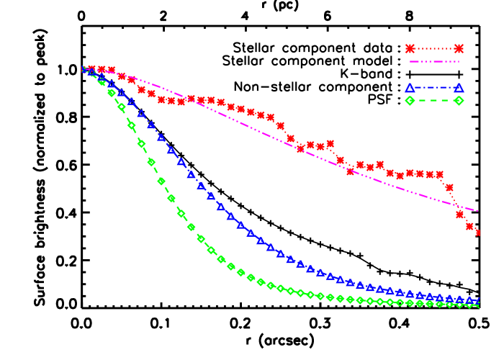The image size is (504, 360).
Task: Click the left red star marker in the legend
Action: click(410, 49)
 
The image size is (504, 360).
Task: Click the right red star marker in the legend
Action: click(459, 49)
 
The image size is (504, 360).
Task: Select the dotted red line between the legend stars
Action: click(434, 49)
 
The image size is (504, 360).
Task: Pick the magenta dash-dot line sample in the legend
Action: click(434, 62)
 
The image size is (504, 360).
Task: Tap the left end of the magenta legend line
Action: click(410, 62)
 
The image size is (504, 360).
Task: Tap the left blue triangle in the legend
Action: click(410, 88)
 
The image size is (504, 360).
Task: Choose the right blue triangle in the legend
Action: click(459, 88)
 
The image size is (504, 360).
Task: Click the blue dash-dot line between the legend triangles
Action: click(434, 88)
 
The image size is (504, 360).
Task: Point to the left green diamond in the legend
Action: click(410, 101)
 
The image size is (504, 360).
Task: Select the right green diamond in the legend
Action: click(459, 101)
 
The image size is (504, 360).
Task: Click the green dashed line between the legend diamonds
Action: click(434, 101)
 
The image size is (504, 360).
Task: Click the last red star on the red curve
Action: click(478, 233)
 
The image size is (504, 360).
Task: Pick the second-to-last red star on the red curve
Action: click(469, 226)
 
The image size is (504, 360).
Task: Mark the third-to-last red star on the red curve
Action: click(459, 214)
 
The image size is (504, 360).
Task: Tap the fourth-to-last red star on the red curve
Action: click(449, 187)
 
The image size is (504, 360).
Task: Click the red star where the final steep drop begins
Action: click(439, 174)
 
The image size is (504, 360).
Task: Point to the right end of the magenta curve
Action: click(478, 211)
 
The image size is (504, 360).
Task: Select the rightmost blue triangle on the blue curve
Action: click(478, 301)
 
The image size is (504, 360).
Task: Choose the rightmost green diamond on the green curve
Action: click(478, 305)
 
